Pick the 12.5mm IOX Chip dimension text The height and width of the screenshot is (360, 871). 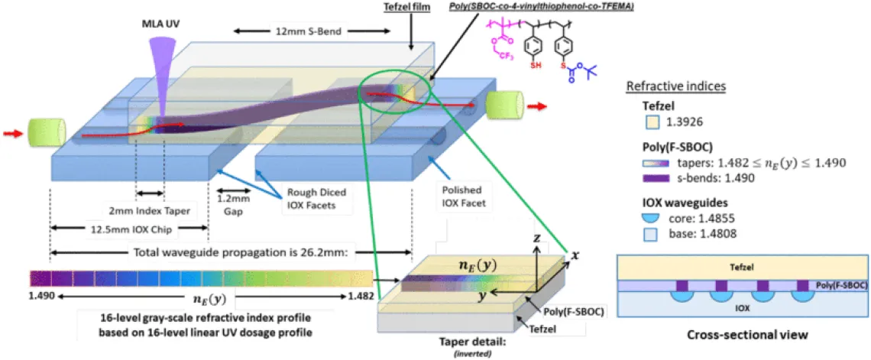click(126, 229)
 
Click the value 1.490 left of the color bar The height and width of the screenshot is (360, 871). click(40, 294)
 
